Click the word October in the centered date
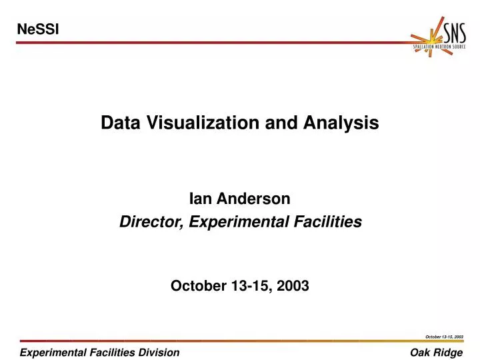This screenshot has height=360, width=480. tap(197, 286)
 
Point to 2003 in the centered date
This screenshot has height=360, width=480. tap(293, 286)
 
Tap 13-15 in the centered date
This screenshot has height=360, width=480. tap(249, 286)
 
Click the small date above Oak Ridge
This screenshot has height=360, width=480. tap(444, 337)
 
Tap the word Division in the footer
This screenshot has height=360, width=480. tap(161, 352)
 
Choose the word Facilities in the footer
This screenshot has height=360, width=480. tap(110, 352)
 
